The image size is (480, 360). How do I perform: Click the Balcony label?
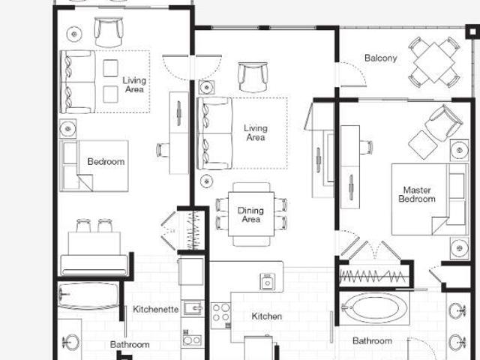point(380,58)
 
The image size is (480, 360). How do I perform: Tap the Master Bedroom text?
point(417,194)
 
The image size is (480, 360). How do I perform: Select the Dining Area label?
point(250,214)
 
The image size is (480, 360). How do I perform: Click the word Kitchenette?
point(155,309)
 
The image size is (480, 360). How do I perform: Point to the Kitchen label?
point(267,316)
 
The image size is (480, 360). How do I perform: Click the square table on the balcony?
point(434,62)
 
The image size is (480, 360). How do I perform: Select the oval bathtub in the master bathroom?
point(374,307)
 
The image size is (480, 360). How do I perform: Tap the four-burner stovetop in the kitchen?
point(220,312)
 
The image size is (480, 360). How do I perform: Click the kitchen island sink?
point(267,282)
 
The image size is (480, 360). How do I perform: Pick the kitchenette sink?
point(193,308)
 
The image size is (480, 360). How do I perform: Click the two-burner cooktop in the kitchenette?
point(192,339)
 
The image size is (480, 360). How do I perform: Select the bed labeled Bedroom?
point(94,166)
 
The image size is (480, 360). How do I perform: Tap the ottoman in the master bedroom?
point(423,145)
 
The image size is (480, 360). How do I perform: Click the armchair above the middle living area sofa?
point(253,76)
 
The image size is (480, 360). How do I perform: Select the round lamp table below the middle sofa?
point(207,181)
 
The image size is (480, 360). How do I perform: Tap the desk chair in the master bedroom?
point(366,147)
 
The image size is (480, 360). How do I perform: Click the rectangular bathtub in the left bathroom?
point(88,295)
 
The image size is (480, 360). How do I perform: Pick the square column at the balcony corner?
point(472,31)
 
